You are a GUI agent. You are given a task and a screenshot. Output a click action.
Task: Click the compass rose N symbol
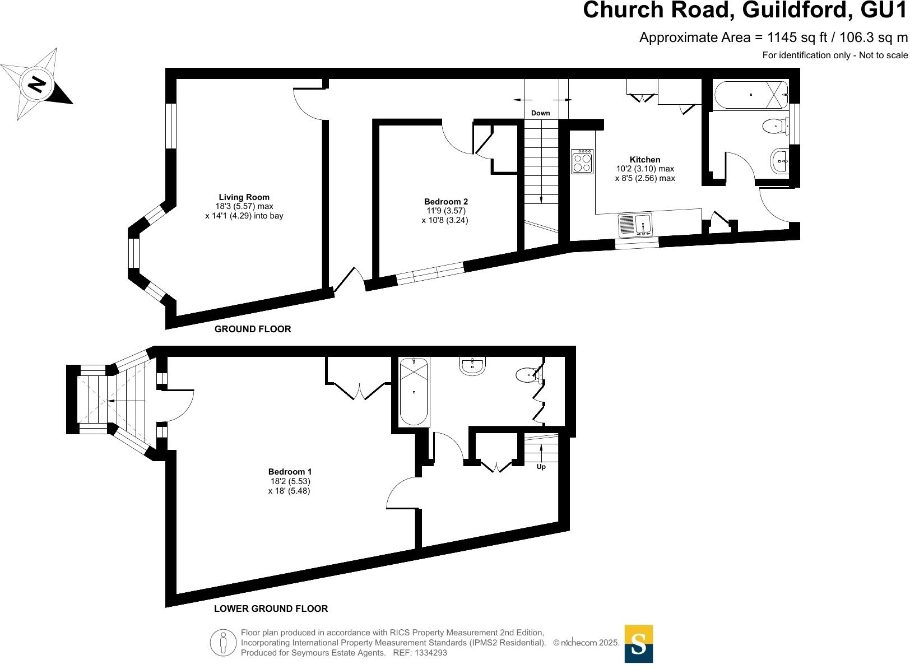point(37,85)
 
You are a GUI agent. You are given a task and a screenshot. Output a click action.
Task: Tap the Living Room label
point(244,197)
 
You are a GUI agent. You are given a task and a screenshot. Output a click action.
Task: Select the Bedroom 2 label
point(445,202)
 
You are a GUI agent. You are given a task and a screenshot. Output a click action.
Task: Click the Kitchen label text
point(645,160)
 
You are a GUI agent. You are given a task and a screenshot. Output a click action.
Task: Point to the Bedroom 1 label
point(290,472)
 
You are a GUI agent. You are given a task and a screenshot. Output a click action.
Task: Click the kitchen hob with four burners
point(582,161)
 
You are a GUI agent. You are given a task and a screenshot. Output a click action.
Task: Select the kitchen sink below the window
point(635,225)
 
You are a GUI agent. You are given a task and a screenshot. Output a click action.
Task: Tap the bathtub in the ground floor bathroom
point(751,95)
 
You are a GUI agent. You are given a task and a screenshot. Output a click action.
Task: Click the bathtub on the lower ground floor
point(414,392)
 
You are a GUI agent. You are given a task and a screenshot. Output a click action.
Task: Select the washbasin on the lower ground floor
point(472,366)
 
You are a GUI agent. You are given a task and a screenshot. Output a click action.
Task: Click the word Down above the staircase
point(540,113)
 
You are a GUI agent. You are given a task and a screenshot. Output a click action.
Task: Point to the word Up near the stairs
point(541,467)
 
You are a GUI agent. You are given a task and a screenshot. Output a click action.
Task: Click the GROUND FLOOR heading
point(253,329)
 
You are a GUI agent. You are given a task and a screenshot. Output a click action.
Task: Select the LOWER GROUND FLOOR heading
point(271,608)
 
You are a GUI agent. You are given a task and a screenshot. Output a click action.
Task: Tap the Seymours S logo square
point(638,644)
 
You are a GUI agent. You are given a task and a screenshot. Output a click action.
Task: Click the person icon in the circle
point(224,643)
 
